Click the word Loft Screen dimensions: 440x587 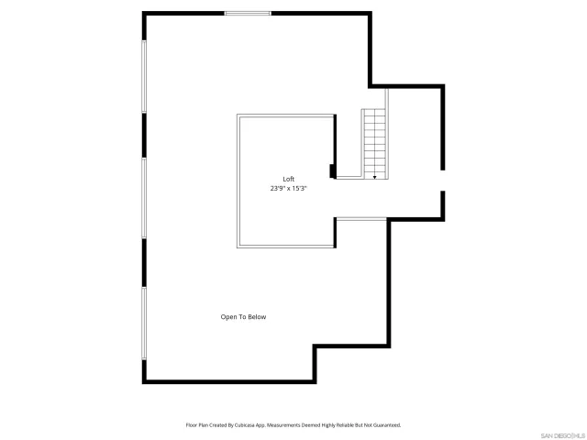tap(288, 179)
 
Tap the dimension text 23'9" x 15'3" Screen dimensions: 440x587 tap(288, 188)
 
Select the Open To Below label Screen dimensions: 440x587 tap(243, 317)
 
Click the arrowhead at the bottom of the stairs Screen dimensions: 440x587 tap(374, 176)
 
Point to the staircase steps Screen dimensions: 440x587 tap(374, 141)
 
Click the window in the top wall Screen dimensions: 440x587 tap(248, 13)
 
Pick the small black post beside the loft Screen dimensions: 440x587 tap(333, 170)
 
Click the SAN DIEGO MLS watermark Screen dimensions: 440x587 tap(561, 434)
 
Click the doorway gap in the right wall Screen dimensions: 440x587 tap(444, 181)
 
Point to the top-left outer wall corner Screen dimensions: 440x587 tap(144, 14)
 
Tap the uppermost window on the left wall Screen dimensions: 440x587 tap(143, 76)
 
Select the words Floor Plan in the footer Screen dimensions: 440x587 tap(197, 425)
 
